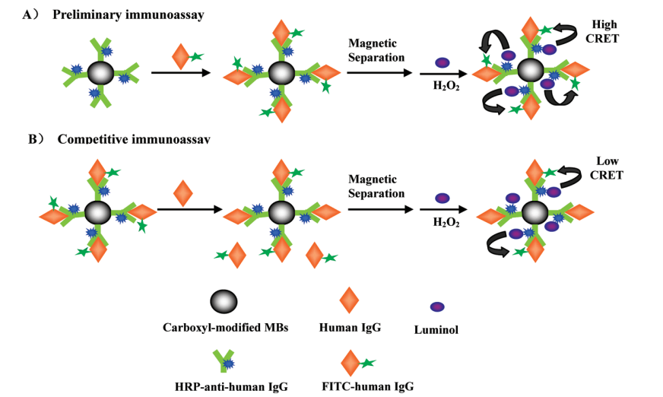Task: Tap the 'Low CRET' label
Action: [609, 169]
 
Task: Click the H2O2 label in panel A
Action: [444, 85]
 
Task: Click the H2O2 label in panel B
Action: [446, 222]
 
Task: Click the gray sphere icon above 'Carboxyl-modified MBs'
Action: [223, 301]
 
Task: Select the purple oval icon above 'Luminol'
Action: [437, 306]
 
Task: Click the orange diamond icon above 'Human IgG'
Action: [349, 300]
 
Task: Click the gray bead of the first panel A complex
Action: [100, 73]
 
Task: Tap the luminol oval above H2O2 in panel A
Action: [442, 63]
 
